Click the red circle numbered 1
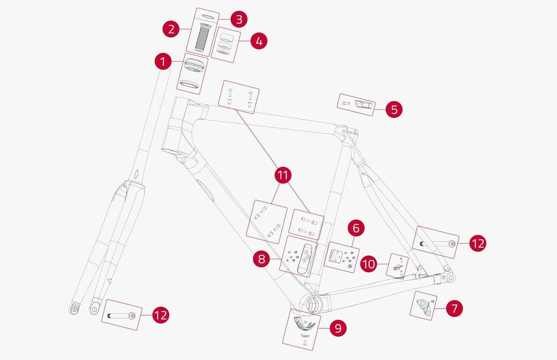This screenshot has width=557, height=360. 163,62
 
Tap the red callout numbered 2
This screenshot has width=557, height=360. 171,29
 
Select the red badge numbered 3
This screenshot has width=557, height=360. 238,19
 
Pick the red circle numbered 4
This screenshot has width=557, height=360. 259,41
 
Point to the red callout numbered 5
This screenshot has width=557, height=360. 394,109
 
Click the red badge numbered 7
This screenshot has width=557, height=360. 454,308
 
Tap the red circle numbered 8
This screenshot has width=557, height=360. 262,258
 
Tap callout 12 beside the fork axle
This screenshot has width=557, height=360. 161,315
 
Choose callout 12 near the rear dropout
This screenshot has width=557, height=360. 478,243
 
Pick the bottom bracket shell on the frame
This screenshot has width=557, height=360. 309,303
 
